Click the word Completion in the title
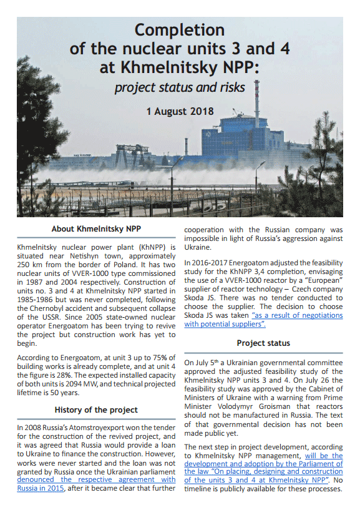(180, 30)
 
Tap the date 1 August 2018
(180, 112)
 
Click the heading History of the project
(95, 409)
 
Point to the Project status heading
(264, 343)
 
